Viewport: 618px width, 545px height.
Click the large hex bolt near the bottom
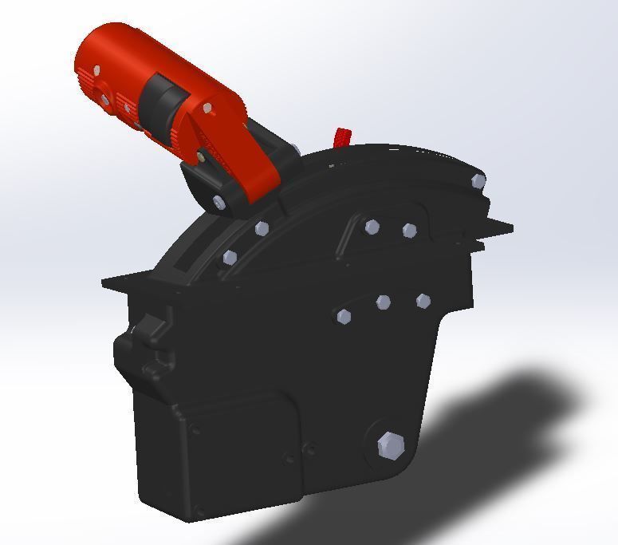coord(391,445)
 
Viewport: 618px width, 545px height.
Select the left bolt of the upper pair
coord(372,227)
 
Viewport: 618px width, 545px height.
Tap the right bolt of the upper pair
coord(410,231)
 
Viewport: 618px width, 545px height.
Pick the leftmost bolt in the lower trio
coord(344,316)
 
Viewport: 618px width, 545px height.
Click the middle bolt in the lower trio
coord(384,302)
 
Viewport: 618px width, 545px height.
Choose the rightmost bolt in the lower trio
coord(423,301)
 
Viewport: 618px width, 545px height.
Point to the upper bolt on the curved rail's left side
coord(262,229)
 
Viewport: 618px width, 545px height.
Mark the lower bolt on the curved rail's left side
coord(230,258)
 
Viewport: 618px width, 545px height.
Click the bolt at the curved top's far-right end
coord(478,181)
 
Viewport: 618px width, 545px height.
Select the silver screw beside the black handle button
coord(208,108)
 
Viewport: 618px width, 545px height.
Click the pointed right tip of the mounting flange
coord(510,229)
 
